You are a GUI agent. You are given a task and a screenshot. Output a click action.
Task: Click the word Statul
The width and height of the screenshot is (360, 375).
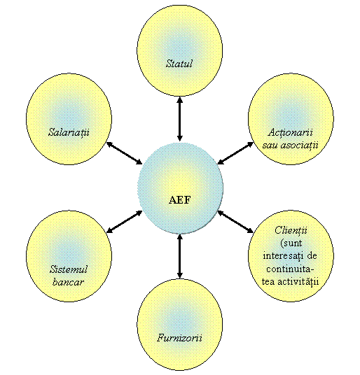[x=179, y=64]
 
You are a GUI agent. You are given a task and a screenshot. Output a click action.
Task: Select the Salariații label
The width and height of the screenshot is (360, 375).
[x=69, y=132]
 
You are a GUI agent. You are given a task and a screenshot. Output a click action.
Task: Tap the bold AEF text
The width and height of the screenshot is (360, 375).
[x=180, y=200]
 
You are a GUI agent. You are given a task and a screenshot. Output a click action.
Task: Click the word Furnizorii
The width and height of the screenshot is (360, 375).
[x=179, y=338]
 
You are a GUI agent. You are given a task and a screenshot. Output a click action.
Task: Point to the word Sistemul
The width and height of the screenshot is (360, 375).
[x=69, y=269]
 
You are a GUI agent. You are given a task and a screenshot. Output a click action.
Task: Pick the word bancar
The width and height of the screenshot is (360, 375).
[x=68, y=282]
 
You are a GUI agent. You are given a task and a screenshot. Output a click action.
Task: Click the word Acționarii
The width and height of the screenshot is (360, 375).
[x=290, y=132]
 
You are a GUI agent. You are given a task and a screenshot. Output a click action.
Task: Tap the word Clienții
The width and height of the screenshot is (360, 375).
[x=291, y=230]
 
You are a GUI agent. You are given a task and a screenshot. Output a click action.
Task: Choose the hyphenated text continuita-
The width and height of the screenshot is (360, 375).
[x=290, y=269]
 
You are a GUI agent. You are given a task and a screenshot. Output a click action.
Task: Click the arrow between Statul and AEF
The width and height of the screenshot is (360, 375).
[x=180, y=119]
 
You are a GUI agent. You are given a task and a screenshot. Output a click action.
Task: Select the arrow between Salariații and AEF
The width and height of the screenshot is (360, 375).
[x=124, y=153]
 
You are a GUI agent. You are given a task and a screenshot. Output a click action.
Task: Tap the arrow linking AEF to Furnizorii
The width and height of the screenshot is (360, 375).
[x=180, y=256]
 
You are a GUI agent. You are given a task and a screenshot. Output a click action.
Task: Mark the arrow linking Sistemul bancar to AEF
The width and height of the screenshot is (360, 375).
[x=124, y=222]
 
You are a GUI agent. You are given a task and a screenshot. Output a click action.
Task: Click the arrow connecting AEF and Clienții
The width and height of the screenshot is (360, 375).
[x=235, y=222]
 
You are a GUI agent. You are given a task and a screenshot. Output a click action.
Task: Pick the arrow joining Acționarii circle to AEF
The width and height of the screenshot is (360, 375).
[x=235, y=153]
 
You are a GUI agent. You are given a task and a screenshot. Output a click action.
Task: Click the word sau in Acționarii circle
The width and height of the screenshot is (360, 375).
[x=270, y=145]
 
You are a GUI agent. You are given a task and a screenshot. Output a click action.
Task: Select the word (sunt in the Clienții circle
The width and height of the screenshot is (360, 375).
[x=291, y=243]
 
